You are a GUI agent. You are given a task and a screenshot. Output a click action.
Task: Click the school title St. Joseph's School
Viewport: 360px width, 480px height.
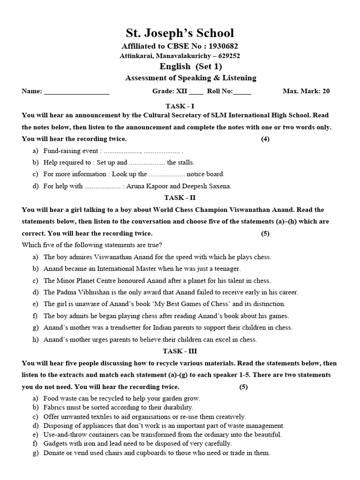click(x=180, y=33)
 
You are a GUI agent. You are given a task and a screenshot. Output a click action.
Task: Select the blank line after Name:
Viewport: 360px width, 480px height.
click(x=76, y=91)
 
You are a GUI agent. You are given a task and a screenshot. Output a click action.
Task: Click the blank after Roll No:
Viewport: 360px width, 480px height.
click(x=242, y=91)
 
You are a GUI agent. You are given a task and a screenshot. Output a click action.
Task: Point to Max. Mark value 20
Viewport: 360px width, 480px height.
click(x=326, y=91)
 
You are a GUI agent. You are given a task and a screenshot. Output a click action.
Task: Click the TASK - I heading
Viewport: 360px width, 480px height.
click(x=180, y=106)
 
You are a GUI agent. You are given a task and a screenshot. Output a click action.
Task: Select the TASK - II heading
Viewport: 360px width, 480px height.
click(x=180, y=198)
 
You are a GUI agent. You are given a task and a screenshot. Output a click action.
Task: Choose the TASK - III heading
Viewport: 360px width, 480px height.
click(x=180, y=351)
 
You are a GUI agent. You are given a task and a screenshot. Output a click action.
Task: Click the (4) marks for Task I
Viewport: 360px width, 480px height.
click(x=265, y=139)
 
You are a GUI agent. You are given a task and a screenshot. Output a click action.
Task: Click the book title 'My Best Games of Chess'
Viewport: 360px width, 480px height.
click(x=190, y=304)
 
